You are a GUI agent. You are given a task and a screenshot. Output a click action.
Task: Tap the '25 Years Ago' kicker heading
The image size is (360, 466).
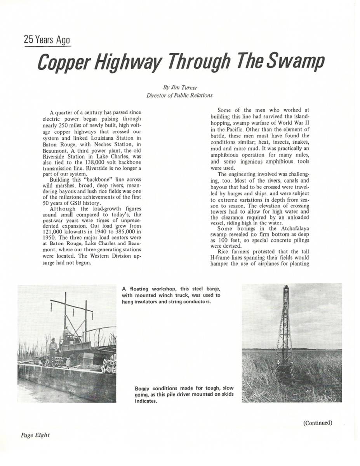coord(47,40)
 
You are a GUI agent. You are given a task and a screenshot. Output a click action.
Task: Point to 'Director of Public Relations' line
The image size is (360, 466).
coord(179,95)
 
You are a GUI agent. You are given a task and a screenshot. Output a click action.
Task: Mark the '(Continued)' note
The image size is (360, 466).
coord(318,423)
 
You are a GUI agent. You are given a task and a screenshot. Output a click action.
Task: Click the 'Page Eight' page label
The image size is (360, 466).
coord(35,435)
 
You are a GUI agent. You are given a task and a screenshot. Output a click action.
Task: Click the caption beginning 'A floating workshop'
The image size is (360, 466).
coord(171,295)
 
